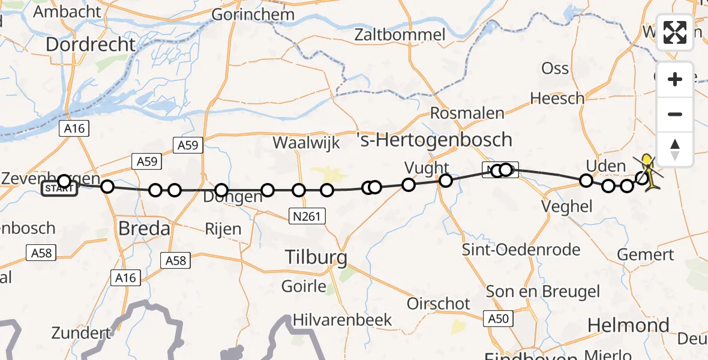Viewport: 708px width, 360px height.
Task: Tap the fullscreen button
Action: pos(675,33)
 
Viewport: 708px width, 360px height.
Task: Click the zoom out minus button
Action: pos(675,114)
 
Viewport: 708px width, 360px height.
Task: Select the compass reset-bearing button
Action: pos(675,149)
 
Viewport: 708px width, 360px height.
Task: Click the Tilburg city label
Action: pos(316,258)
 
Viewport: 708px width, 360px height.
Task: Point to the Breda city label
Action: pos(144,229)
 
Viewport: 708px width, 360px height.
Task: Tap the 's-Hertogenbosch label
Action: pos(435,140)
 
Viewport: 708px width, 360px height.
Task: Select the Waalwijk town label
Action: pos(306,143)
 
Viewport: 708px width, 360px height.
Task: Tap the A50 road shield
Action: pos(502,319)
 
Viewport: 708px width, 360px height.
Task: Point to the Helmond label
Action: pos(628,326)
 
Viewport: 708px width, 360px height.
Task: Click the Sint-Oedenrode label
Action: pos(521,250)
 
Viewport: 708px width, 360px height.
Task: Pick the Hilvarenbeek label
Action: pos(342,320)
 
